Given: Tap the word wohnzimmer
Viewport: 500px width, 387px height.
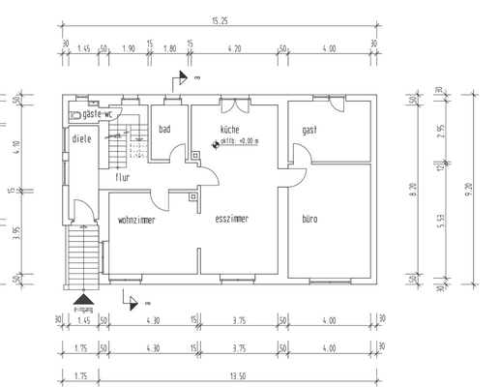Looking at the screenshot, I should coord(136,221).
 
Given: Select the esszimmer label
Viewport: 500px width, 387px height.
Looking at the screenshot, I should coord(232,220).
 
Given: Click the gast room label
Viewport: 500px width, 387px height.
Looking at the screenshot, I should coord(309,130).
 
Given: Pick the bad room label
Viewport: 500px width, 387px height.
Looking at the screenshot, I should coord(165,129).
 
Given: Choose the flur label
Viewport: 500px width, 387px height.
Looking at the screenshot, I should coord(123,178).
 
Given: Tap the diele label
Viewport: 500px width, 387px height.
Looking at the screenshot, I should coord(81,137).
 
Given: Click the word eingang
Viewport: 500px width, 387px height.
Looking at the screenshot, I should coord(84,310).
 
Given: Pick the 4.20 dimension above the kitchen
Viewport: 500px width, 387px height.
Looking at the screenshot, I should coord(235,46).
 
